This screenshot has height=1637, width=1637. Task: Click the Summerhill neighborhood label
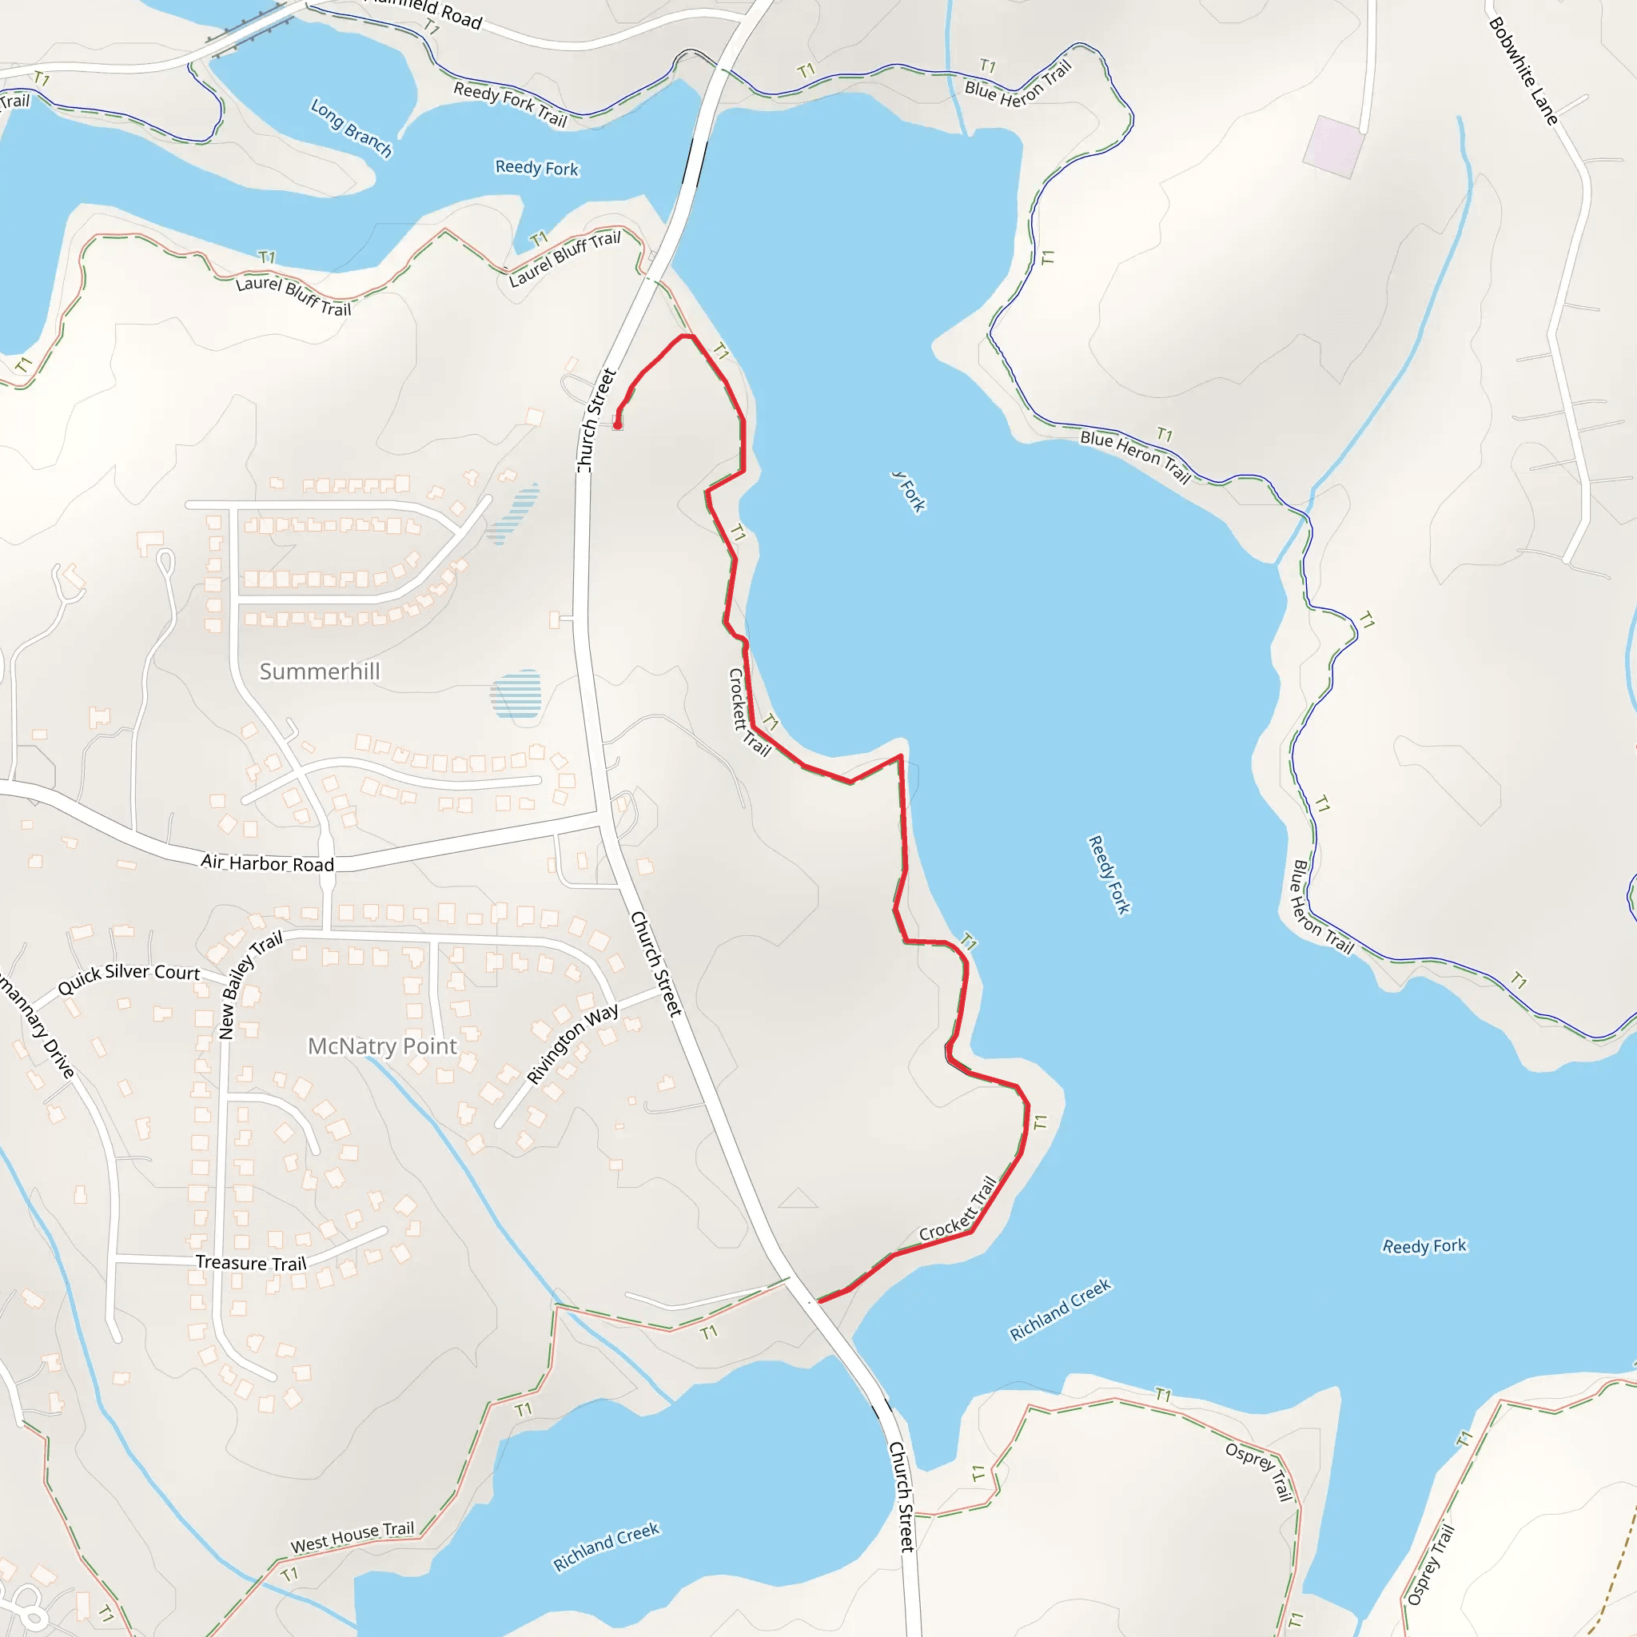[x=320, y=671]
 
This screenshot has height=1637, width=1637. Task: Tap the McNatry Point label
[x=382, y=1046]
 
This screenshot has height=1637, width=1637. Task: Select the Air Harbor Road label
[x=267, y=862]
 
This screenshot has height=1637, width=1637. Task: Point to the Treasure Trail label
[x=251, y=1262]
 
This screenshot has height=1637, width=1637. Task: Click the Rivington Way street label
[x=573, y=1044]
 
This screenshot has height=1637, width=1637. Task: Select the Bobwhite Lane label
[x=1523, y=71]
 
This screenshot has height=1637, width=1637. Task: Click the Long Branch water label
[x=352, y=129]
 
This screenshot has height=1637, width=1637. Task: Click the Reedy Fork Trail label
[x=510, y=103]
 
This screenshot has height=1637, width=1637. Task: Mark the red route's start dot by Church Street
[x=618, y=425]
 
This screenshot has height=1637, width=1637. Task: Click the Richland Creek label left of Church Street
[x=606, y=1547]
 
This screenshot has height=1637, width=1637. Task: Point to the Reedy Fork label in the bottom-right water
[x=1424, y=1245]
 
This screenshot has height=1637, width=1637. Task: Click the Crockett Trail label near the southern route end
[x=958, y=1209]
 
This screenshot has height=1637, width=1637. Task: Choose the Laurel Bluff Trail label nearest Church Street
[x=565, y=258]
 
